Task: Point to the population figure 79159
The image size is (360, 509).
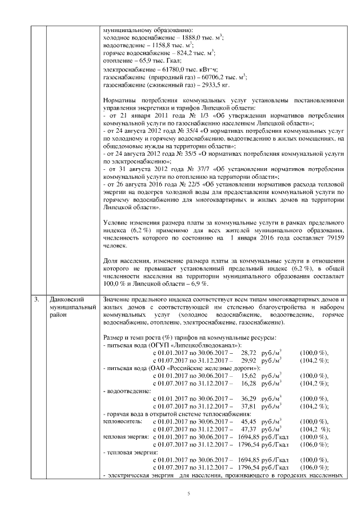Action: tap(332, 238)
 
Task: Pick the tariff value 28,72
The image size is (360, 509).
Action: tap(249, 352)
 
